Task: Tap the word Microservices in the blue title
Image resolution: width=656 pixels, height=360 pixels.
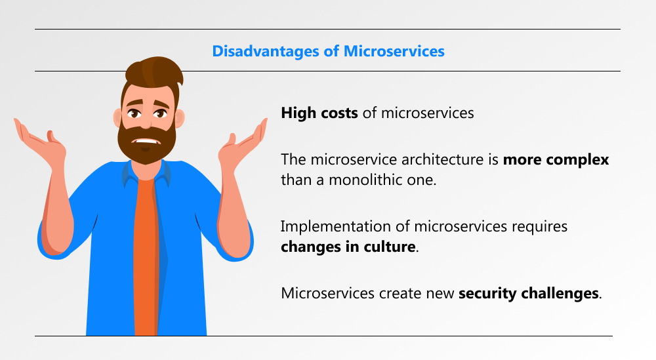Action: pyautogui.click(x=394, y=51)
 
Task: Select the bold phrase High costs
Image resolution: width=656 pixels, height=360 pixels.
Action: pyautogui.click(x=319, y=113)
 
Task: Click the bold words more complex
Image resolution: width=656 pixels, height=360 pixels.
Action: pyautogui.click(x=556, y=160)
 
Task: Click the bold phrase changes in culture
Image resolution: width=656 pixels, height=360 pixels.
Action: pyautogui.click(x=348, y=247)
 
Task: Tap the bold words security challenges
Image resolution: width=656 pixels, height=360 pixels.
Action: pyautogui.click(x=528, y=293)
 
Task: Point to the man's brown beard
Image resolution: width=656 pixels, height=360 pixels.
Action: pyautogui.click(x=146, y=144)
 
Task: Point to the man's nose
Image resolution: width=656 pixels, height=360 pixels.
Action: pyautogui.click(x=145, y=122)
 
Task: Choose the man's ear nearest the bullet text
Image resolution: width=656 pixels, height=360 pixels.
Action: pyautogui.click(x=179, y=118)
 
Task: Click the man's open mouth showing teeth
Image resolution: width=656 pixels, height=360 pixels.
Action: pyautogui.click(x=146, y=142)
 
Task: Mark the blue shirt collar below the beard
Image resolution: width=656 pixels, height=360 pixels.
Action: pyautogui.click(x=146, y=174)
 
